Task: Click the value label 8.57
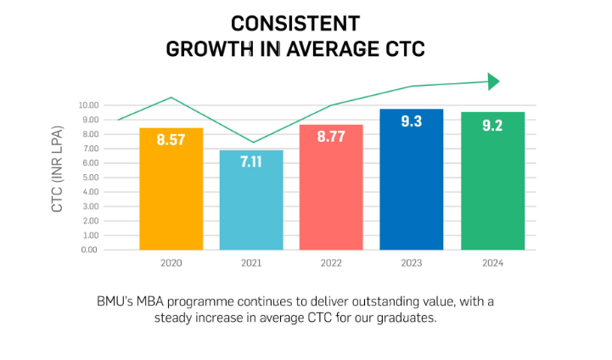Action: [x=171, y=140]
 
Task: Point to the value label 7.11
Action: [x=251, y=162]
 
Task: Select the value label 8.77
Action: [x=331, y=136]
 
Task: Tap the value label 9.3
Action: [x=411, y=121]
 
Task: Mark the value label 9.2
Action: [x=492, y=126]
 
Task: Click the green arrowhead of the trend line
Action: [x=494, y=82]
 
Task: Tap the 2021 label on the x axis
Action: [x=251, y=263]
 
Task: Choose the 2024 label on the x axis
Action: [x=492, y=263]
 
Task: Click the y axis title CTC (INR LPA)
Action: [x=58, y=177]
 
